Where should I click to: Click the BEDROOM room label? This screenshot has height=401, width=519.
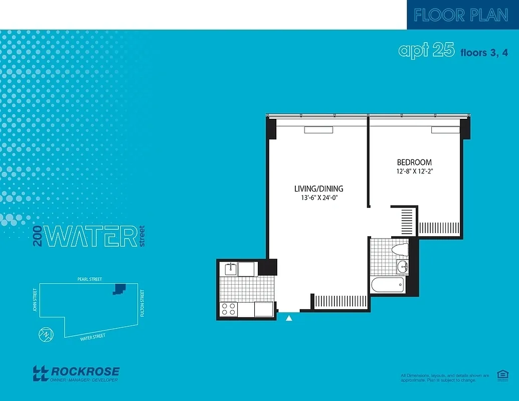(414, 162)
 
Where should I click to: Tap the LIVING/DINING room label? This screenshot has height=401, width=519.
(318, 189)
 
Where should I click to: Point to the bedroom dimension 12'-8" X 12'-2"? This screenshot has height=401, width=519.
(414, 171)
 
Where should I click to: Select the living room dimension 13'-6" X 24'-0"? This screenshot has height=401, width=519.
(318, 198)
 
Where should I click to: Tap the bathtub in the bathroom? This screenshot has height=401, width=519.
(387, 286)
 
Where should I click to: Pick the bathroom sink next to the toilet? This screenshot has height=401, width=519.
(402, 266)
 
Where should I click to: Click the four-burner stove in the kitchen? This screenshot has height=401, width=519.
(229, 309)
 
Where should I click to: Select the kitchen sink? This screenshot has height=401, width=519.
(231, 269)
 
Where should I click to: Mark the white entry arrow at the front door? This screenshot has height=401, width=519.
(289, 317)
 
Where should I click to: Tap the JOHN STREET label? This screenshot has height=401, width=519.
(35, 299)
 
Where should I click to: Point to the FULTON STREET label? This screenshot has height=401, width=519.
(143, 303)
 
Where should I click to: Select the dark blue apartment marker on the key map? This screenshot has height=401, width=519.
(119, 288)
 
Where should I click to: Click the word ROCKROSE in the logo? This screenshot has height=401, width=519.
(85, 371)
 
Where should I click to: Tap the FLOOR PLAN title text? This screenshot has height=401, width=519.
(461, 15)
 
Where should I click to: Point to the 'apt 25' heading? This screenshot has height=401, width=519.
(426, 50)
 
